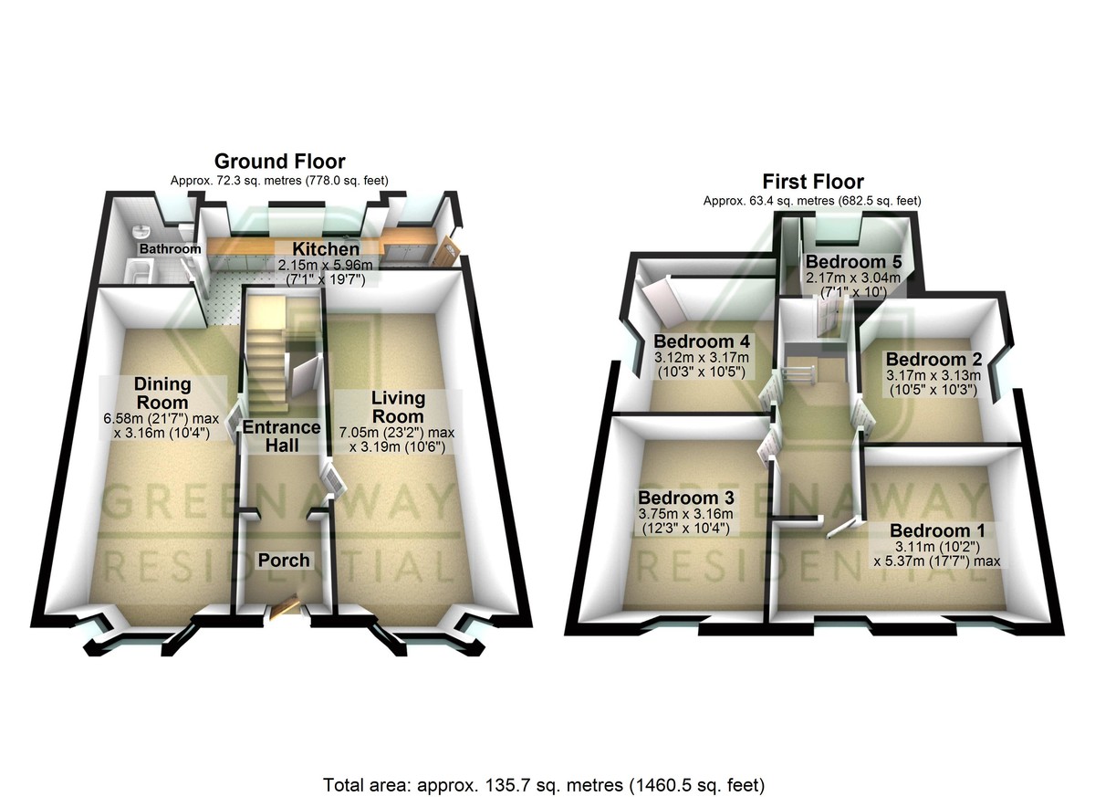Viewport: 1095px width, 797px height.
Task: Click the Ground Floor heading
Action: (279, 163)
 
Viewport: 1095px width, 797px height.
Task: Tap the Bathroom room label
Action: (170, 249)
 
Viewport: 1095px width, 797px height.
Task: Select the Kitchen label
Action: (325, 249)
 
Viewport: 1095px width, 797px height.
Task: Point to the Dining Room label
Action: (161, 393)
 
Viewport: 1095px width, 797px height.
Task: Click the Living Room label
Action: (398, 407)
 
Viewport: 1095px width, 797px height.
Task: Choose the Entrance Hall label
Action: (281, 436)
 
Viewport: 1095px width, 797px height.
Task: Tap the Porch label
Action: (283, 560)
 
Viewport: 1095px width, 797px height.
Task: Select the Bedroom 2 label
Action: (932, 359)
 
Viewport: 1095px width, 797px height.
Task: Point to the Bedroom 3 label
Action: (685, 498)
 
